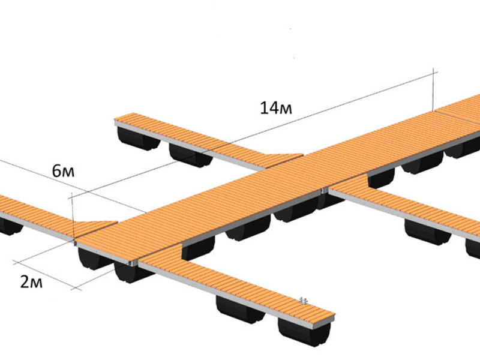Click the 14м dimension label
pos(276,108)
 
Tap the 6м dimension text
pos(63,171)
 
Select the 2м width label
pos(31,282)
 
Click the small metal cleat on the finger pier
pos(304,301)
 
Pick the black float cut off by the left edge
pos(10,227)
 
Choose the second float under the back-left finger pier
pos(190,155)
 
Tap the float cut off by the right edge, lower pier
pos(473,248)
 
